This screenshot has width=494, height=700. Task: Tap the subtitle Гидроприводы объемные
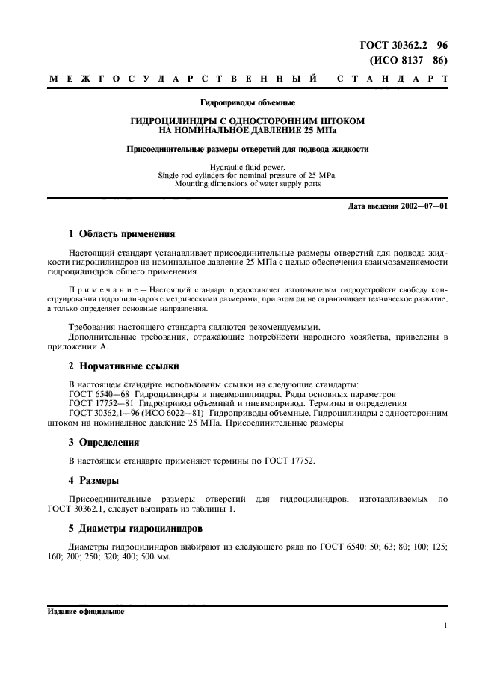[x=247, y=102]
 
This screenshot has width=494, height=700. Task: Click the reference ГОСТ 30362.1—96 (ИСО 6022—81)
[x=137, y=413]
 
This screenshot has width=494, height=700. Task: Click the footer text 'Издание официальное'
[x=84, y=611]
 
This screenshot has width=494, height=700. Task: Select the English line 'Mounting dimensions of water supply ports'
[x=247, y=183]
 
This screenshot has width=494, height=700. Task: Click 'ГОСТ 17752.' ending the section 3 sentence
[x=290, y=461]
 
